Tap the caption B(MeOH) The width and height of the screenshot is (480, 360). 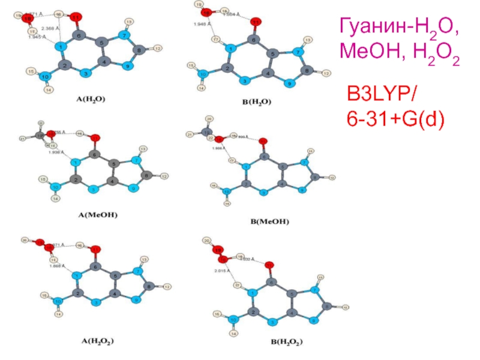coord(269,221)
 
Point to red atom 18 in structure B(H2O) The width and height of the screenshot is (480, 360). coord(206,12)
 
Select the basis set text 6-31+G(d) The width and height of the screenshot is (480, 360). coord(395,121)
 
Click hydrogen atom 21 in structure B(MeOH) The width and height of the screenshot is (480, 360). coord(189,135)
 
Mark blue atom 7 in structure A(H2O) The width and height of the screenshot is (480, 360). coord(125,35)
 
